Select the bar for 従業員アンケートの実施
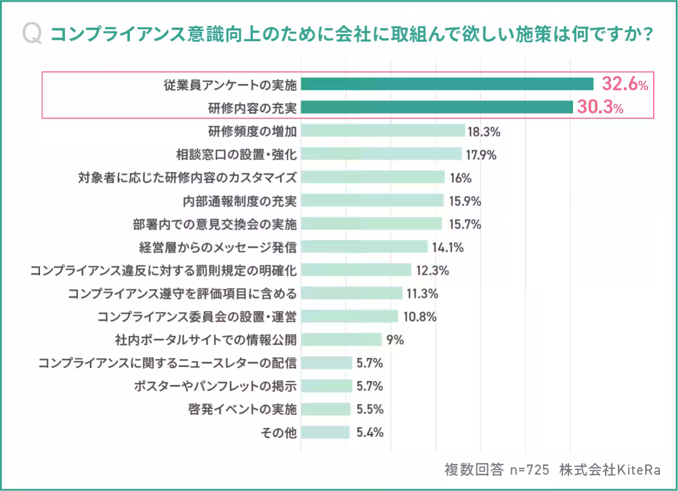[x=447, y=85]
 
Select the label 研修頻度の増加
[x=252, y=131]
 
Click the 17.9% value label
[x=481, y=155]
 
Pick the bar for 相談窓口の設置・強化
[x=381, y=155]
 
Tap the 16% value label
[x=460, y=178]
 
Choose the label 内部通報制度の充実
[x=240, y=201]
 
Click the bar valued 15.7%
[x=371, y=224]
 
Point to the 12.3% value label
[x=432, y=270]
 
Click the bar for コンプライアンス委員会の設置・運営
[x=349, y=317]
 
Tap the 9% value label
[x=395, y=340]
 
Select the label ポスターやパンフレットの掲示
[x=215, y=386]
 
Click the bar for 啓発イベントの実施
[x=326, y=409]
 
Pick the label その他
[x=278, y=433]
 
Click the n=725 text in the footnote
[x=529, y=470]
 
